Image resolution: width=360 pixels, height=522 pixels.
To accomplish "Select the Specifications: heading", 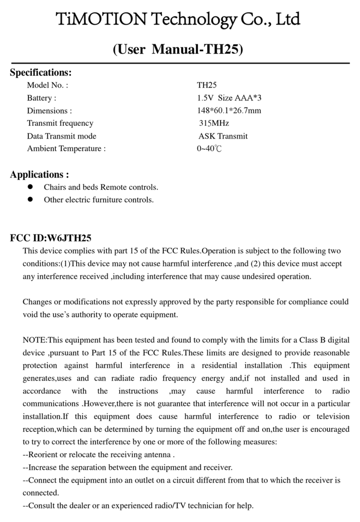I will tap(41, 72).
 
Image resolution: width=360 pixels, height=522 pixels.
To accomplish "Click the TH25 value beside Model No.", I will tap(207, 85).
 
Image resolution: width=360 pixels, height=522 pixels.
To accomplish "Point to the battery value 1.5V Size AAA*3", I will tap(229, 98).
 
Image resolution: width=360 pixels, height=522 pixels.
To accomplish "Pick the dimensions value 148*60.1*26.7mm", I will tap(229, 111).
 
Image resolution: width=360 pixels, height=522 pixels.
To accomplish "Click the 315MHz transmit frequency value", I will tap(214, 123).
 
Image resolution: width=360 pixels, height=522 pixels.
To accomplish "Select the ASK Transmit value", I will tap(223, 136).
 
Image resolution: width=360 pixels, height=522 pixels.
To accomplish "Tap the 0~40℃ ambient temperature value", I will tap(209, 149).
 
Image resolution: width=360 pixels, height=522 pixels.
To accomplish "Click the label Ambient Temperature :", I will tap(66, 149).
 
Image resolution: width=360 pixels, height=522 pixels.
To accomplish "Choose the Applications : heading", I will tap(39, 174).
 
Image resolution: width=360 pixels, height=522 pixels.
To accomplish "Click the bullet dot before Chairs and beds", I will tap(31, 187).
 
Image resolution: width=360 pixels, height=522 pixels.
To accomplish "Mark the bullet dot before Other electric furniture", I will tap(31, 200).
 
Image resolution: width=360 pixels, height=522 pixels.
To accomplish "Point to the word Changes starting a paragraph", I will tap(37, 302).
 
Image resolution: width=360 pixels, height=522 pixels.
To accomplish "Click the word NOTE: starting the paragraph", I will tap(35, 340).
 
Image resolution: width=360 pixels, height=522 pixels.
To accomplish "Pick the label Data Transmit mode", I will tap(61, 136).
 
